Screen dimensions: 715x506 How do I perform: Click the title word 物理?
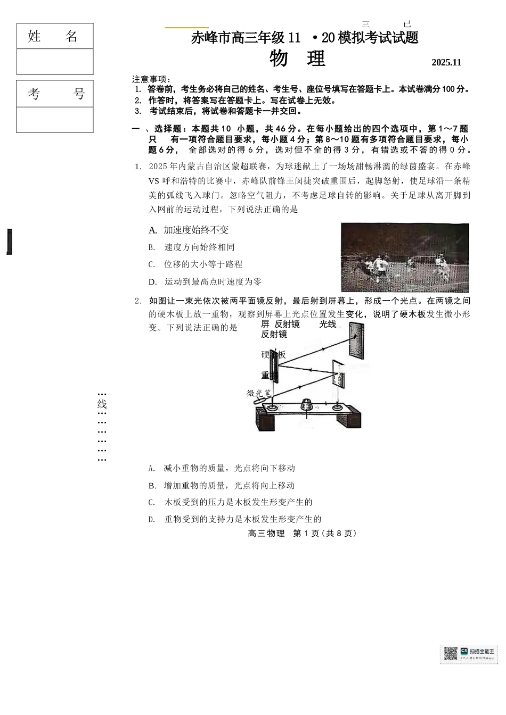tap(297, 59)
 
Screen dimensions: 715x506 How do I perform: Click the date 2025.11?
tap(446, 62)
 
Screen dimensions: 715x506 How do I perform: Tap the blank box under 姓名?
tap(55, 62)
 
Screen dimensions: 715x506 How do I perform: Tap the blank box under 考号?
tap(55, 120)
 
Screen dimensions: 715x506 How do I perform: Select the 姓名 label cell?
tap(55, 36)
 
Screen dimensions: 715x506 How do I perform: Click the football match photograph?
tap(405, 257)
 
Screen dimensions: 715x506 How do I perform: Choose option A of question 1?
tap(190, 230)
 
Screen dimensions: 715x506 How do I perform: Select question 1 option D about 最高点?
tap(206, 282)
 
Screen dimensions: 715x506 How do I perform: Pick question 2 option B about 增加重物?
tap(222, 486)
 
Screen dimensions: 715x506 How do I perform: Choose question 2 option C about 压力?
tap(231, 502)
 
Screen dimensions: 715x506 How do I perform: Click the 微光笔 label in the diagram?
tap(259, 393)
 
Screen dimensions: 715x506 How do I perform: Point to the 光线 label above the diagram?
tap(328, 324)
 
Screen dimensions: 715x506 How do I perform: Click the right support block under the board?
tap(349, 421)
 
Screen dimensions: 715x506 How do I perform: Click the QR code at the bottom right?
tap(451, 654)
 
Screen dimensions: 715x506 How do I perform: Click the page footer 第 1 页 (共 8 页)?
tap(302, 534)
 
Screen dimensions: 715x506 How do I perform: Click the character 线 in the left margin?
tap(102, 404)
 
